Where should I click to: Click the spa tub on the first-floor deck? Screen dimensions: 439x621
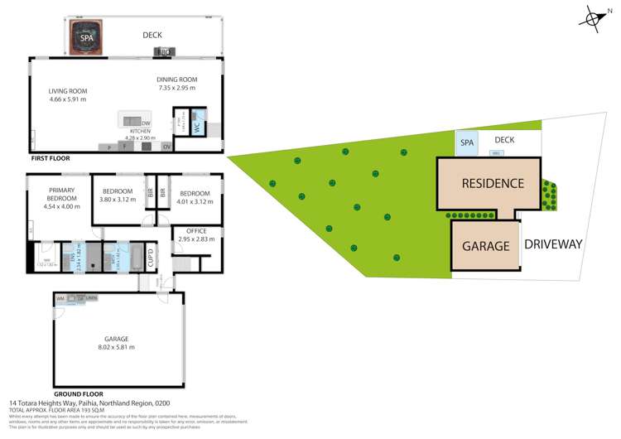(x=86, y=36)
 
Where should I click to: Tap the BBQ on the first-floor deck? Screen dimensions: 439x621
(x=162, y=52)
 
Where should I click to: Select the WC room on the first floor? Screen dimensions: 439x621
(x=197, y=128)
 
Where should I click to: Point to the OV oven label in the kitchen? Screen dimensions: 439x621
(x=166, y=147)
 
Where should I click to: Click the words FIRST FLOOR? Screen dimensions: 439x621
(x=49, y=157)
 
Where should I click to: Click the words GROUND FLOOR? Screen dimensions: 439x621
(x=79, y=393)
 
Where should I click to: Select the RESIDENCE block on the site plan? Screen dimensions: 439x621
(x=492, y=184)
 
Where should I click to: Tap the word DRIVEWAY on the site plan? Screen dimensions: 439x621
(x=554, y=244)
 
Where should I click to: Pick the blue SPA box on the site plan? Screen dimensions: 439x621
(x=467, y=143)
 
